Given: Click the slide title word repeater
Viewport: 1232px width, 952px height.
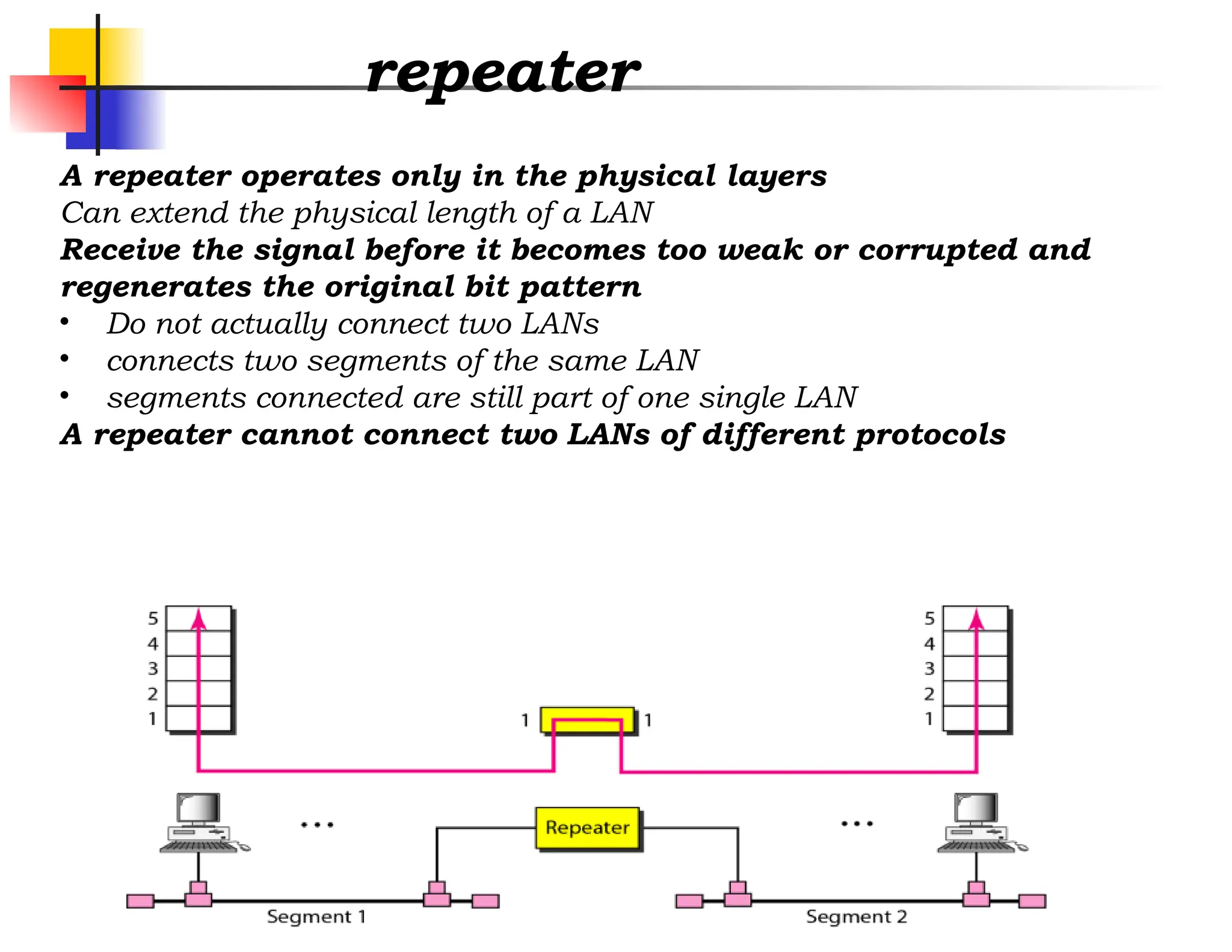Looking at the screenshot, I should (502, 73).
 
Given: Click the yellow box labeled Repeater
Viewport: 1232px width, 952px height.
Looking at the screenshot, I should (587, 828).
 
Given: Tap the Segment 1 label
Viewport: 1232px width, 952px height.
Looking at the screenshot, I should (316, 916).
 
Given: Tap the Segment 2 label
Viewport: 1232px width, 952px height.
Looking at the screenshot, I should (856, 916).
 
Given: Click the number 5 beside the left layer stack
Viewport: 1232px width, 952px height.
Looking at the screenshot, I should (153, 618).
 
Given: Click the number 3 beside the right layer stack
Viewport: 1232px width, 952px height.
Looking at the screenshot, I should (929, 669).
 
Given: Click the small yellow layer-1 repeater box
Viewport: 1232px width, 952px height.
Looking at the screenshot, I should (587, 720).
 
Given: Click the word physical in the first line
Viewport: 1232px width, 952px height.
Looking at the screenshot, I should (647, 176).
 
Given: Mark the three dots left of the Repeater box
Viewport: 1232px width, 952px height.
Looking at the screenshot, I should (317, 824).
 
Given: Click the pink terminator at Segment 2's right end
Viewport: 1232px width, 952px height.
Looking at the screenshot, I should (1032, 901).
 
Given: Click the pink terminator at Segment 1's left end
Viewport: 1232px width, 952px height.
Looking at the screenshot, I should (140, 901).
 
